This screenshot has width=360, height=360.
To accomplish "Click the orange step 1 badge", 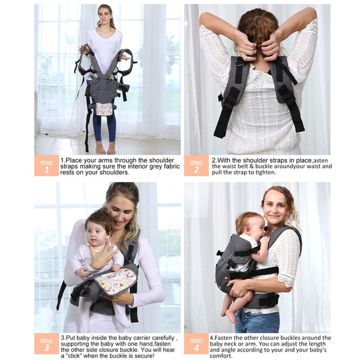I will click(46, 166).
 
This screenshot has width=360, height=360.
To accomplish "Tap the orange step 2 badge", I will click(196, 166).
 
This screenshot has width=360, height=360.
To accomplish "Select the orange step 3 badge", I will click(46, 344).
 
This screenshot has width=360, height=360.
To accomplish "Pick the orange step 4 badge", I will click(196, 344).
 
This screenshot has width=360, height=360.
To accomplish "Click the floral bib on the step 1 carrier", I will click(104, 109).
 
